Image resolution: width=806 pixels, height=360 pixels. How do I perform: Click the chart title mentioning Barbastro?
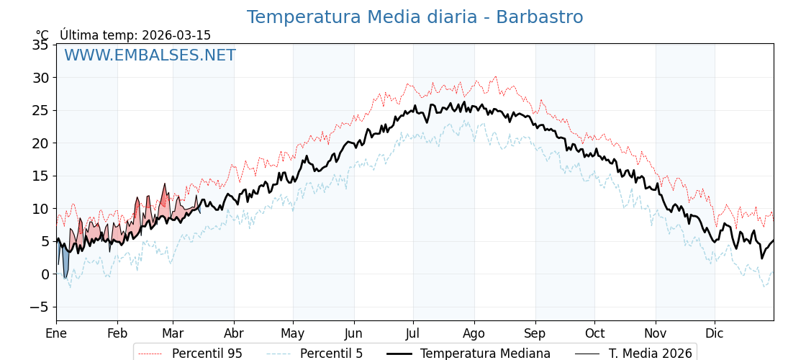[x=415, y=17]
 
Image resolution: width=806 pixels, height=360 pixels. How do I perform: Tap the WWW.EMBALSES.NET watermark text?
[x=150, y=55]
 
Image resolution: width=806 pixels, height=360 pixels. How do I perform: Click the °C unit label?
[x=42, y=35]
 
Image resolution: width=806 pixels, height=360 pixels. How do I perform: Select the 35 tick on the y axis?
[x=40, y=45]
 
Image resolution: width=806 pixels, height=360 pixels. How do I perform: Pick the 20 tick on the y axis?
[x=40, y=143]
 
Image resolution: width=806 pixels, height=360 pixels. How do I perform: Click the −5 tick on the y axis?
[x=38, y=307]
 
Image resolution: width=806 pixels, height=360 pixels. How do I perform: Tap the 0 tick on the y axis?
[x=45, y=274]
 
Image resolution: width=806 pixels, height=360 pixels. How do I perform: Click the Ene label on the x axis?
[x=56, y=333]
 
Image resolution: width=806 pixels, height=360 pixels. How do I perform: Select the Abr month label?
[x=234, y=333]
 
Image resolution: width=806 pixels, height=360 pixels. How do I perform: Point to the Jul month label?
[x=413, y=333]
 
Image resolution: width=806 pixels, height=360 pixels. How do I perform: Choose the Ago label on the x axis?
[x=474, y=333]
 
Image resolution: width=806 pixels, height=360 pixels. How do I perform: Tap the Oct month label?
[x=594, y=333]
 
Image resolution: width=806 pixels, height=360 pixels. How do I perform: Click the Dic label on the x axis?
[x=715, y=333]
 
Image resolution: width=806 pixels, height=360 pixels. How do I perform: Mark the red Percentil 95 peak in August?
[x=495, y=77]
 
